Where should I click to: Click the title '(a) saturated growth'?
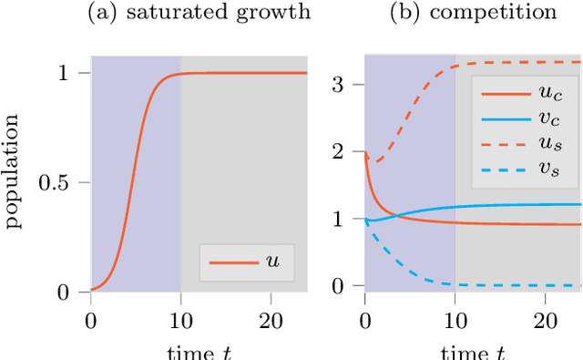pos(199,13)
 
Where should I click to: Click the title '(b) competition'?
pos(473,13)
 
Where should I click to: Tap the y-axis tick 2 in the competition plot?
pos(346,152)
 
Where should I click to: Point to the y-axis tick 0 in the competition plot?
pos(346,286)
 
